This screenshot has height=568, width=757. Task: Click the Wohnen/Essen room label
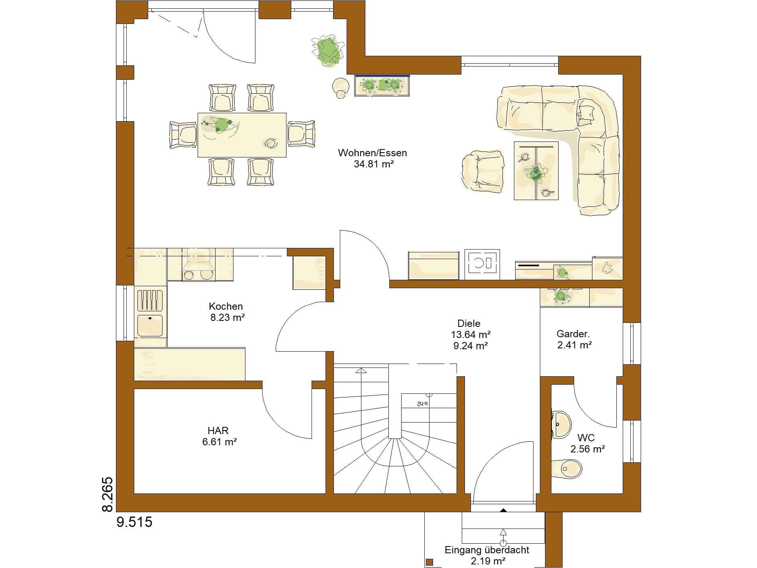[372, 153]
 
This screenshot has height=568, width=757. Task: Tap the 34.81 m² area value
[374, 164]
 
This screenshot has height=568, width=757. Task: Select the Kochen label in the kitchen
[226, 306]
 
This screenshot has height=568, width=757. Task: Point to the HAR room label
[218, 430]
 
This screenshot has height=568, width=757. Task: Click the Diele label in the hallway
[469, 323]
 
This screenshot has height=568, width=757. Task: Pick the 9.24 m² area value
[471, 346]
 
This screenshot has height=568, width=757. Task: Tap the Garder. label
[573, 334]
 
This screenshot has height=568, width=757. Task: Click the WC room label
[586, 438]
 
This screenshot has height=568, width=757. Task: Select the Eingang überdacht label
[487, 550]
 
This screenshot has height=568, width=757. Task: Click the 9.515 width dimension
[134, 522]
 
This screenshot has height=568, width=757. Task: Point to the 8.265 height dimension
[108, 494]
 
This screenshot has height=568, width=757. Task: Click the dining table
[242, 135]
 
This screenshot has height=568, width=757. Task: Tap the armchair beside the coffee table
[482, 170]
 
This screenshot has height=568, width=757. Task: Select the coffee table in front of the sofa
[536, 170]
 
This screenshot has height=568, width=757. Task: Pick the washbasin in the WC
[561, 424]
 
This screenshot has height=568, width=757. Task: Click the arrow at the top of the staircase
[361, 371]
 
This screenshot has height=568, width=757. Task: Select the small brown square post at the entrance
[429, 562]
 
